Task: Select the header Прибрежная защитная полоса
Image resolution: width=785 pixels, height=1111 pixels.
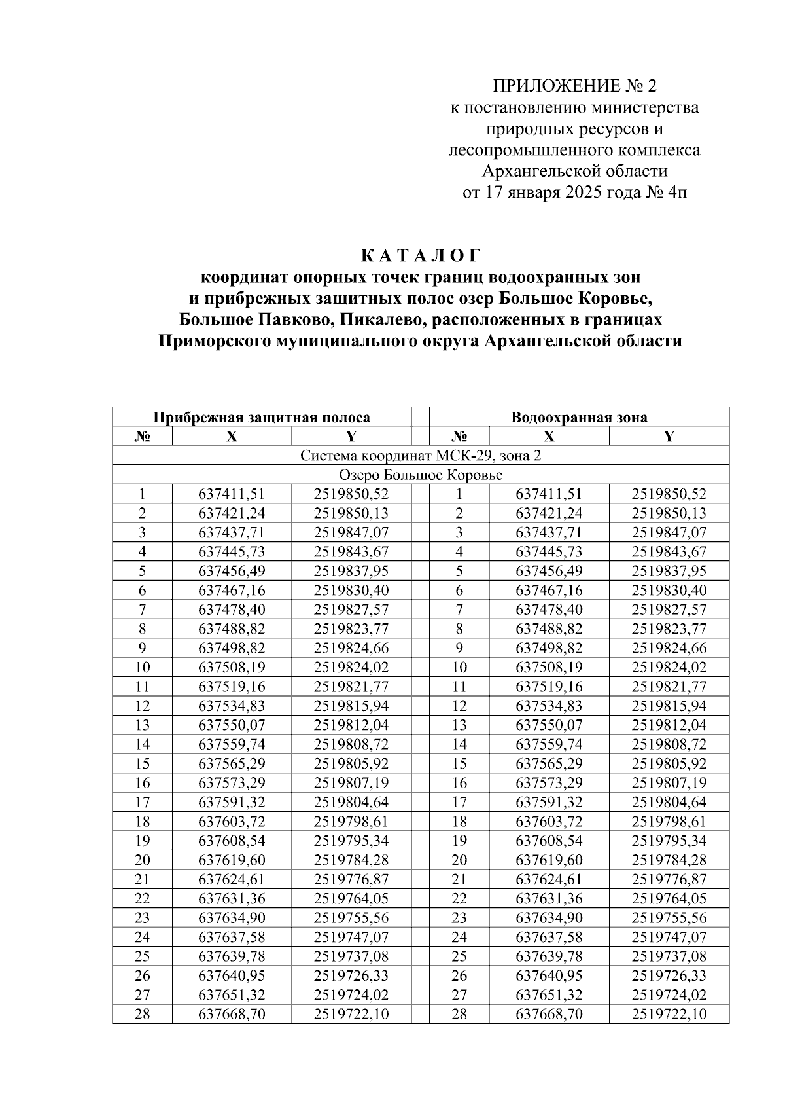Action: click(262, 417)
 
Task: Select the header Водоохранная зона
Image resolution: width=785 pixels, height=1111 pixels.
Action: click(579, 417)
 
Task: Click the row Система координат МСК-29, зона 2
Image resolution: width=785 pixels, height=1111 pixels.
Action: click(421, 455)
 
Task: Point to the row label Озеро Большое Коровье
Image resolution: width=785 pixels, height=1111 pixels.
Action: click(421, 474)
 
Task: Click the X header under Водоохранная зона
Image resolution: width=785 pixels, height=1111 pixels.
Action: click(549, 436)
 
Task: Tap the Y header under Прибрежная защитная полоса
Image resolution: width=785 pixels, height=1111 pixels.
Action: click(351, 436)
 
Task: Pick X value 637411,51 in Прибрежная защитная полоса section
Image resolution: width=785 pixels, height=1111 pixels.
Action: click(232, 494)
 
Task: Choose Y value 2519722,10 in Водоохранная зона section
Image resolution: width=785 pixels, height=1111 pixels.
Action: click(669, 1014)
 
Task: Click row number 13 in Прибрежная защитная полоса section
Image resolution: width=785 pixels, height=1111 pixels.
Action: click(142, 725)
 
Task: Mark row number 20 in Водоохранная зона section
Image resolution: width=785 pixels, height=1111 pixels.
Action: click(459, 860)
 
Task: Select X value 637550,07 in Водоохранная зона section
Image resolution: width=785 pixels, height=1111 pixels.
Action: click(549, 725)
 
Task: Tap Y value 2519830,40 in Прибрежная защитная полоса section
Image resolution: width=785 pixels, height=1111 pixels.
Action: click(351, 590)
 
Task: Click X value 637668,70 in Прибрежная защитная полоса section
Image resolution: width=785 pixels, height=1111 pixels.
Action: click(232, 1014)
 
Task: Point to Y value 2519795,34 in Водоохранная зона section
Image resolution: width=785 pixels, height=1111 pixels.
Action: click(669, 841)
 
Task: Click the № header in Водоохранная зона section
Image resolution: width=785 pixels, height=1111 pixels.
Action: click(459, 436)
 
